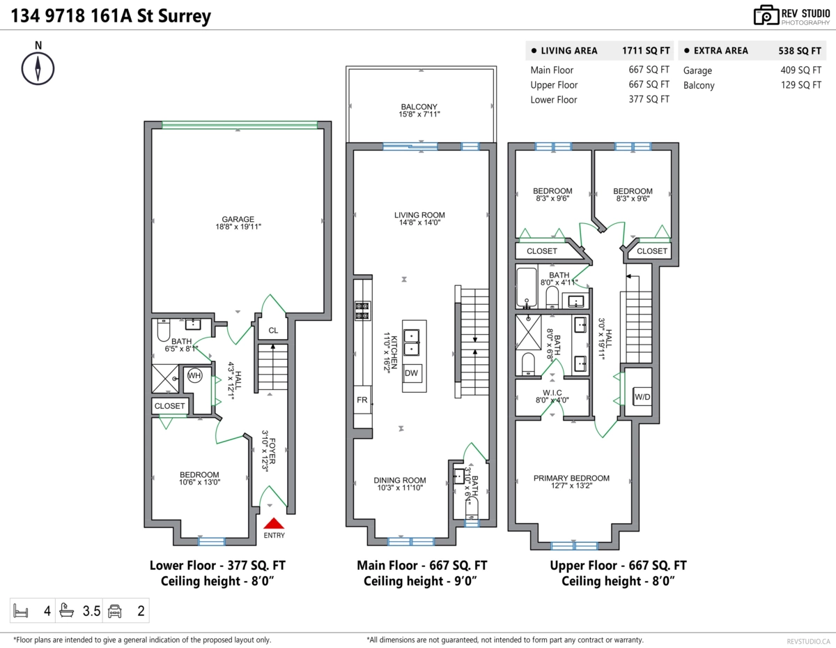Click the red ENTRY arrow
[x=274, y=523]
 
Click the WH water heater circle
[x=194, y=375]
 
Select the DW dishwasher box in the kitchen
[x=411, y=372]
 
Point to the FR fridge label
[x=362, y=400]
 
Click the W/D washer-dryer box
[x=642, y=397]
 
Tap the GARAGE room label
[x=238, y=219]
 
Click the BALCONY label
[x=419, y=107]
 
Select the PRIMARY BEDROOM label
[x=571, y=478]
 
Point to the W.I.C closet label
[x=552, y=393]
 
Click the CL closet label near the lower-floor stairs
[x=273, y=331]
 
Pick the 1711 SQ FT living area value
[x=646, y=51]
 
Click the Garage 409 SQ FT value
[x=801, y=70]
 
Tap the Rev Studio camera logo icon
[x=766, y=15]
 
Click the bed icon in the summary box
[x=21, y=610]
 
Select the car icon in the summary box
[x=115, y=611]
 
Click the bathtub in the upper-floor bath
[x=527, y=287]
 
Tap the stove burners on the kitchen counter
[x=362, y=311]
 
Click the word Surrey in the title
[x=185, y=17]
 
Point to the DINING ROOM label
[x=400, y=480]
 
